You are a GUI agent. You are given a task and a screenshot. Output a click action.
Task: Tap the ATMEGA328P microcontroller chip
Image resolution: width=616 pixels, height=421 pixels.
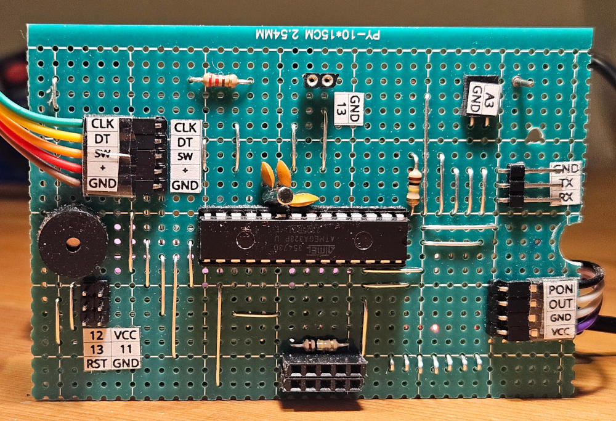click(302, 237)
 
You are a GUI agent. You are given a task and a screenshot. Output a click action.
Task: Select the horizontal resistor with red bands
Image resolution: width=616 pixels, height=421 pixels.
click(220, 80)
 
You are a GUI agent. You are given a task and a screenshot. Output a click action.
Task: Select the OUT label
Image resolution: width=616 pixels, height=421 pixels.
click(561, 303)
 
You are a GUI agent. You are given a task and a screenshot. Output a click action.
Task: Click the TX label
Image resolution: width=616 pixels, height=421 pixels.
click(566, 182)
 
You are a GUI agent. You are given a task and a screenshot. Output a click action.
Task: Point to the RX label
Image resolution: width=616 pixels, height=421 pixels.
click(566, 197)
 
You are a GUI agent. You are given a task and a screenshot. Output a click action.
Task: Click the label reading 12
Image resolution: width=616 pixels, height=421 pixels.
click(95, 335)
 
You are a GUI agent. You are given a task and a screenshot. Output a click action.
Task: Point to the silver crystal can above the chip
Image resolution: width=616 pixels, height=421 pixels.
click(284, 195)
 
